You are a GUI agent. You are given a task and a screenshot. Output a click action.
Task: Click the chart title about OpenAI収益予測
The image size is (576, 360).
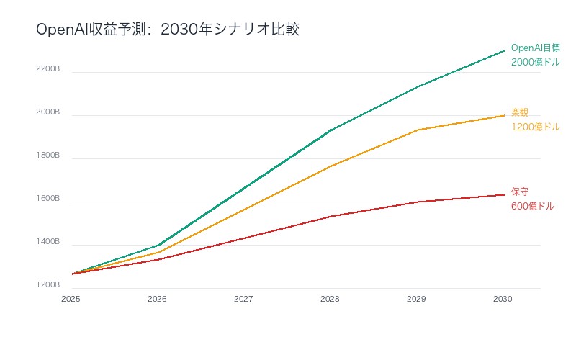[167, 30]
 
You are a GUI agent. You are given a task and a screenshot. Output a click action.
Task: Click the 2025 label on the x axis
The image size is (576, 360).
[71, 298]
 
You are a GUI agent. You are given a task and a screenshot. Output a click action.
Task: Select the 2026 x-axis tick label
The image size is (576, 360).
[158, 298]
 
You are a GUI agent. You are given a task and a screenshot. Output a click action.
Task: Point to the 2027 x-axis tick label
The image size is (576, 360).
[244, 298]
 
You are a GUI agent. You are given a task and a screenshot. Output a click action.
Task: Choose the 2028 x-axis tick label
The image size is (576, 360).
[330, 298]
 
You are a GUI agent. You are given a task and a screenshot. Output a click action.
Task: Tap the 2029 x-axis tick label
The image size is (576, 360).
[417, 298]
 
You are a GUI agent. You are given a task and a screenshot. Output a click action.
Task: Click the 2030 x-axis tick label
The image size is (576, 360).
[503, 298]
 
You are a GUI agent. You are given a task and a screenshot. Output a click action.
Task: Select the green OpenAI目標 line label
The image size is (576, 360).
[535, 48]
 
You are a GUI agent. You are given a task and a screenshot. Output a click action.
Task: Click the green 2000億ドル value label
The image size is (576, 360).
[535, 63]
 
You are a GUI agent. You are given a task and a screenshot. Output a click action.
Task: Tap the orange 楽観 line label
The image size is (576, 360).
[520, 112]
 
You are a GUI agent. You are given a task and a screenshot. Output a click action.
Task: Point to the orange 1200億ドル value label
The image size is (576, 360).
[535, 127]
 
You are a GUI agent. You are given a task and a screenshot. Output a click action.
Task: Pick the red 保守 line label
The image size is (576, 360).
[520, 192]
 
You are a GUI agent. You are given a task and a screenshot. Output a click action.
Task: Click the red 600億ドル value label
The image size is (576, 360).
[532, 207]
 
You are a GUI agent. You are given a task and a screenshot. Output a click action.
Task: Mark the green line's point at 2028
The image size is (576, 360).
[330, 130]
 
